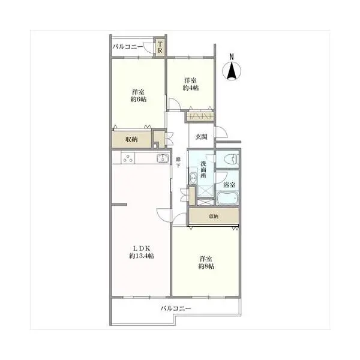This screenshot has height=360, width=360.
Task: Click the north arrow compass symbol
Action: (x=232, y=71)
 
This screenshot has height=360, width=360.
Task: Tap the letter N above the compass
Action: (x=232, y=56)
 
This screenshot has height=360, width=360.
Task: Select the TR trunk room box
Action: (x=160, y=47)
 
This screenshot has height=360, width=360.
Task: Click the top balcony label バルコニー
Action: (x=128, y=47)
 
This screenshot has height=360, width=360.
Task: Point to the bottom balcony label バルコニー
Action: (x=176, y=308)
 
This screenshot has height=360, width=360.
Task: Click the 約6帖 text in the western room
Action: (x=139, y=100)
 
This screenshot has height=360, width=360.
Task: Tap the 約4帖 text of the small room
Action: (x=191, y=88)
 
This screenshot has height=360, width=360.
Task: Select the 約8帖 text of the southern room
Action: (x=206, y=266)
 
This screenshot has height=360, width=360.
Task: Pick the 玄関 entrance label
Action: (x=202, y=137)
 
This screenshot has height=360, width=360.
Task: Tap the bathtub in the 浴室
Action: (x=228, y=198)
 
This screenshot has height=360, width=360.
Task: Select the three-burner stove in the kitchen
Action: (x=128, y=158)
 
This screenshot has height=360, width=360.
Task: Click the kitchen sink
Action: (x=163, y=158)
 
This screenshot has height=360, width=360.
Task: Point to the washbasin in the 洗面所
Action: (x=193, y=178)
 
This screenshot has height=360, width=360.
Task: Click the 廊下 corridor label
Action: (x=178, y=162)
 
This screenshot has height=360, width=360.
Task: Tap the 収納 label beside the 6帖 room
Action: (x=131, y=139)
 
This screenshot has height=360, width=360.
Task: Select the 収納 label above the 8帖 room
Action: (x=213, y=216)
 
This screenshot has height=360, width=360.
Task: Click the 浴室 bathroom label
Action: (x=229, y=185)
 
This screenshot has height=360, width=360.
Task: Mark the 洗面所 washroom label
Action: (x=203, y=170)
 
